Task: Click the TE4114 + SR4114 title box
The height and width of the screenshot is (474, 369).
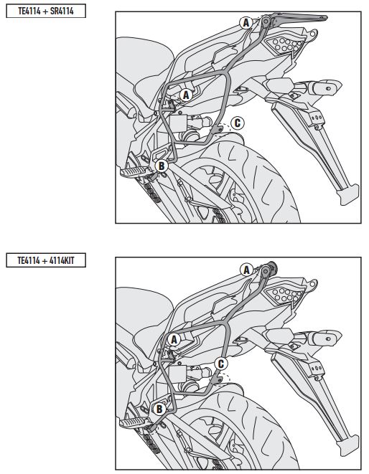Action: coord(46,11)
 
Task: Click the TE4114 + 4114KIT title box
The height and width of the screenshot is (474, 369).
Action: coord(46,260)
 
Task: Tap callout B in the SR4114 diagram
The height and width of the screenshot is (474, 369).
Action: coord(162,166)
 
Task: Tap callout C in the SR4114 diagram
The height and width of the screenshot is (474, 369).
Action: coord(237,123)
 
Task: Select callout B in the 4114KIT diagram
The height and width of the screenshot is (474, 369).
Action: coord(159,409)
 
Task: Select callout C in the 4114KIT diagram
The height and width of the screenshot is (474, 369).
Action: coord(221,364)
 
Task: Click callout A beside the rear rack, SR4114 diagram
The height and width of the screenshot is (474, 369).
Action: coord(246,22)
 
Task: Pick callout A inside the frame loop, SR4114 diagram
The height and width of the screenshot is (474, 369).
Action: coord(186,95)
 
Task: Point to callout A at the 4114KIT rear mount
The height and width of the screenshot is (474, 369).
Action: coord(246,270)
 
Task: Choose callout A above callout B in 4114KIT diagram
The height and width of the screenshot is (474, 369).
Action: coord(174,339)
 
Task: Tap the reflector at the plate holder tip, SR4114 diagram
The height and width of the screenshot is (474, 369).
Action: coord(350,194)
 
